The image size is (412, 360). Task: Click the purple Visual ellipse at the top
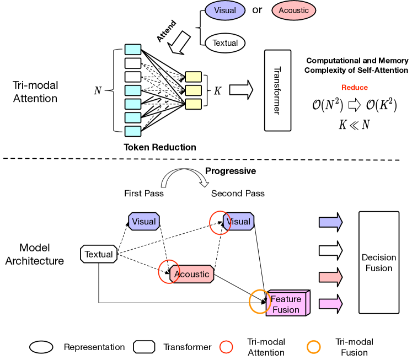pos(225,10)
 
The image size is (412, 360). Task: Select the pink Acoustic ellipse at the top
pos(293,10)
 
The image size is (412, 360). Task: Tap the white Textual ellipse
pos(225,43)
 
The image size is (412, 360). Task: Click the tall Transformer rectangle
pos(278,90)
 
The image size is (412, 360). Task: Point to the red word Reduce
pos(355,88)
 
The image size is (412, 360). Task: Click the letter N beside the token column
pos(98,90)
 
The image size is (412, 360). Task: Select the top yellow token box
pos(194,77)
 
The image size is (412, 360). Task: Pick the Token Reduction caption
pos(160,147)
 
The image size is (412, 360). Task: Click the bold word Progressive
pos(231,171)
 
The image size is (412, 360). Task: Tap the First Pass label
pos(144,194)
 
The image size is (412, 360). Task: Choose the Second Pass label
pos(238,194)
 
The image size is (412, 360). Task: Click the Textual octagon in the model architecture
pos(99,254)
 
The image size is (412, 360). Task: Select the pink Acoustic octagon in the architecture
pos(192,274)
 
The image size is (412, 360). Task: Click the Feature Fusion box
pos(288,303)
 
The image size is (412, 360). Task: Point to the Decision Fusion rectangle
pos(379,262)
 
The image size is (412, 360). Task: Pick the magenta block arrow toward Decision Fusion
pos(331,304)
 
